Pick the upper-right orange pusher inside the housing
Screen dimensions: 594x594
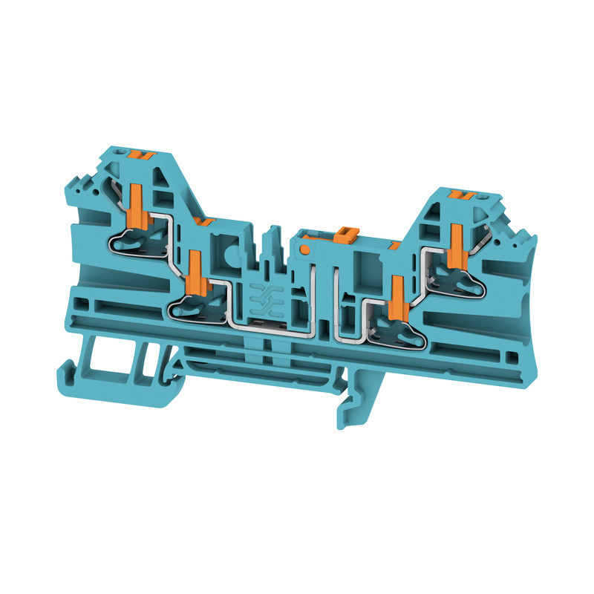[x=455, y=241]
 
